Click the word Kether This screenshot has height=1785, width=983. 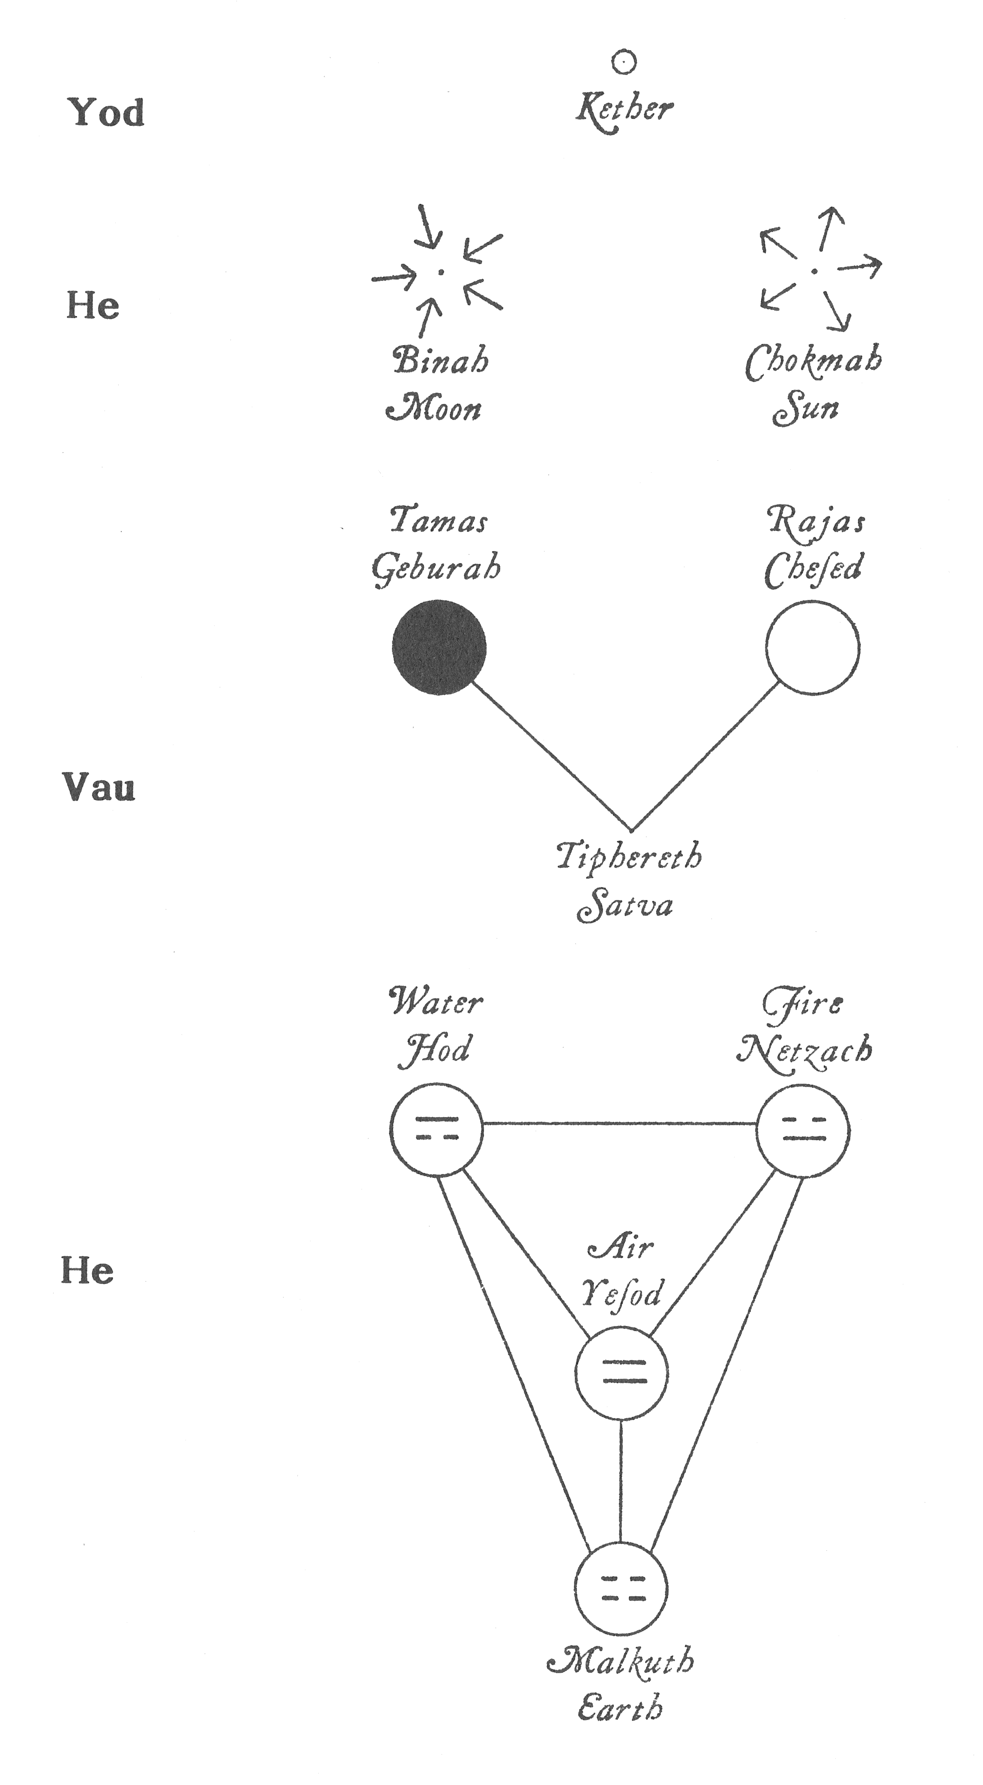[x=624, y=110]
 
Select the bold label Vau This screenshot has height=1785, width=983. [x=99, y=787]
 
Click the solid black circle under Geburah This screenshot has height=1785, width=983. [x=439, y=647]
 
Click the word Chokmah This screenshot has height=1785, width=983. [x=813, y=362]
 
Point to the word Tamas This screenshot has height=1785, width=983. [x=439, y=520]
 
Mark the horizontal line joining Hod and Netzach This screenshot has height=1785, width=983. [x=619, y=1123]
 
